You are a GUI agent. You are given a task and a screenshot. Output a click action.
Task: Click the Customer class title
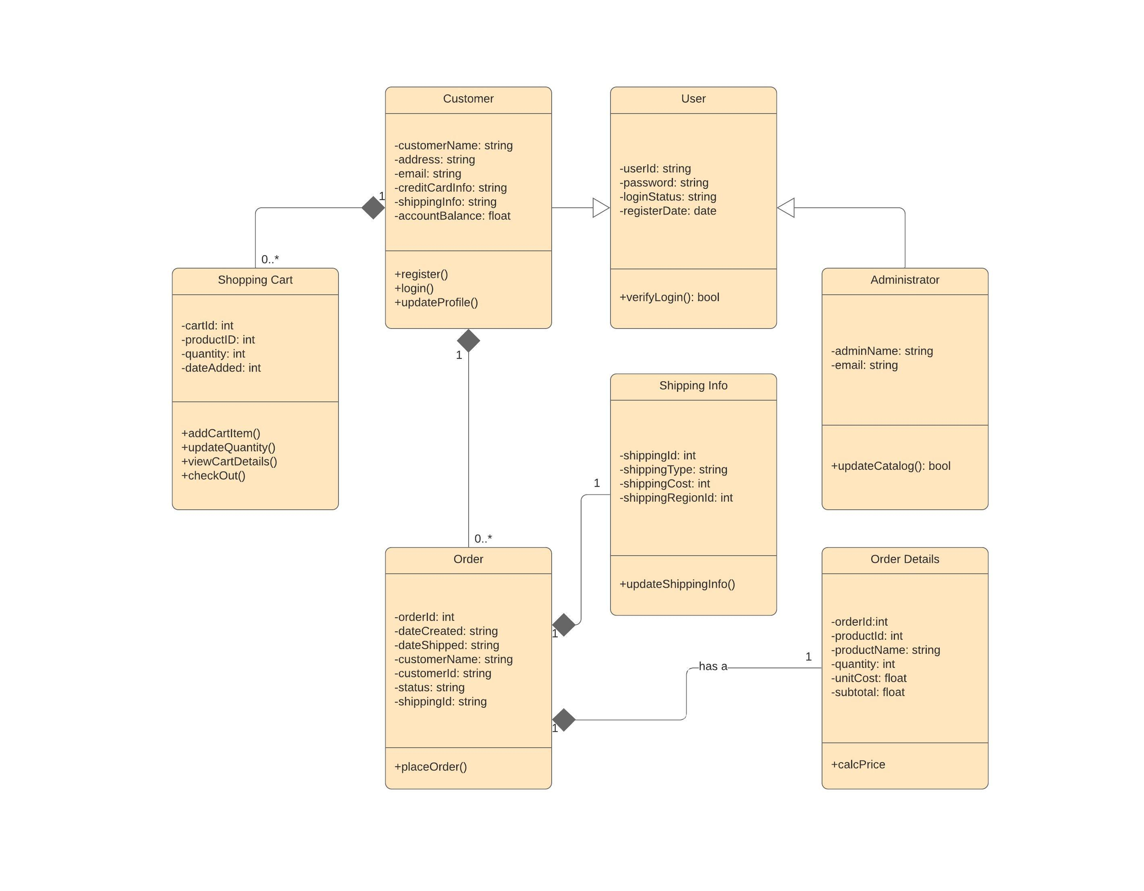click(468, 99)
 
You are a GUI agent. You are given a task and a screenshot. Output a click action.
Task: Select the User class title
click(693, 99)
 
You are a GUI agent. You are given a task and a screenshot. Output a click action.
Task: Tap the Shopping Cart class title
click(255, 280)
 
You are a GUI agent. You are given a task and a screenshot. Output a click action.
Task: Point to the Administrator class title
click(905, 280)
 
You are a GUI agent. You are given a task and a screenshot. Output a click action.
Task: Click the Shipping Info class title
click(693, 386)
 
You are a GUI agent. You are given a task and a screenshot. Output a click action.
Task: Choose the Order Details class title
click(905, 559)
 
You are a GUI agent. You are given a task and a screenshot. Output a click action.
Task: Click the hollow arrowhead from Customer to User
click(601, 208)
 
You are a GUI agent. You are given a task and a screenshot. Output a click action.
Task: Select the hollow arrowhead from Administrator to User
click(786, 208)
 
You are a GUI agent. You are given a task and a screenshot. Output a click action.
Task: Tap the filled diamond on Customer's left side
click(374, 208)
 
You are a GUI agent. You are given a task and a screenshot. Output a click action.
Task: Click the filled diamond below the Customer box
click(468, 341)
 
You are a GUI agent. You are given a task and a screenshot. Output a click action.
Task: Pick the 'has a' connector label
click(713, 666)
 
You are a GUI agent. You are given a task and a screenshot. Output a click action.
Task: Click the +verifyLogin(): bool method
click(669, 298)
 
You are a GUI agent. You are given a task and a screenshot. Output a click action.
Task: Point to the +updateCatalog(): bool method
click(891, 466)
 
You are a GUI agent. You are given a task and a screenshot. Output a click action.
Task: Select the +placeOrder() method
click(431, 767)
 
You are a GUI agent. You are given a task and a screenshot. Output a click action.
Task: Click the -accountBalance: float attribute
click(453, 216)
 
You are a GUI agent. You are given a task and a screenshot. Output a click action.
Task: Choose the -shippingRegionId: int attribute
click(676, 498)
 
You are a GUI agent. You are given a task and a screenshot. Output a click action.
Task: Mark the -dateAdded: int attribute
click(221, 368)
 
